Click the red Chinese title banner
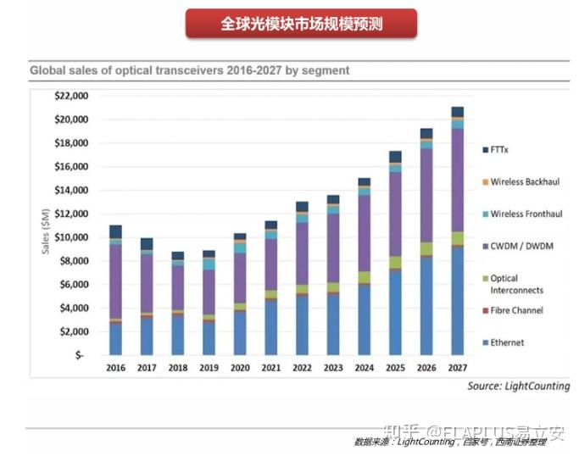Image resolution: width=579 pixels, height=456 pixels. (x=302, y=23)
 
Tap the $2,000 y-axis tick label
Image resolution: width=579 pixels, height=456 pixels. (x=73, y=331)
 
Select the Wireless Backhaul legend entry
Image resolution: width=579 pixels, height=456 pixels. (x=525, y=182)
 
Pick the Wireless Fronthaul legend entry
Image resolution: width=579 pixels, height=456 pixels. (x=526, y=214)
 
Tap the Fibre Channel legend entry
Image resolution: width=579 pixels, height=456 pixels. (x=517, y=311)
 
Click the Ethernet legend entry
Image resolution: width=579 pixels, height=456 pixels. (x=507, y=342)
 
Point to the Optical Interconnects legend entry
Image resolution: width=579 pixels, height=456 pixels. (x=515, y=284)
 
